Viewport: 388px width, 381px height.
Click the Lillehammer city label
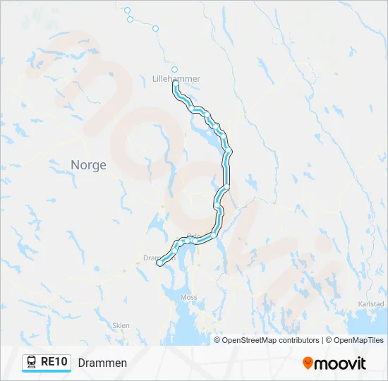176,79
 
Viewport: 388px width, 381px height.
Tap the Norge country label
88,165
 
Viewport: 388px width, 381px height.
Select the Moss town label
188,298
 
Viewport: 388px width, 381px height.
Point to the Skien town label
121,325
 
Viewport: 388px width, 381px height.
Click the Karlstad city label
371,304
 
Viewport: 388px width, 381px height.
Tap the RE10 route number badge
54,362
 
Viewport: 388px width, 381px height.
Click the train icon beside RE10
32,362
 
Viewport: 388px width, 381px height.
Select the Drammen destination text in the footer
102,363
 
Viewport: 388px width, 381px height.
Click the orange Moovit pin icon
308,363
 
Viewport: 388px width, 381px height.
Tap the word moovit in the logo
340,363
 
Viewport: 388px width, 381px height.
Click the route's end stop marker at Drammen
160,263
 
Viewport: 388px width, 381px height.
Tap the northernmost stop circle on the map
127,10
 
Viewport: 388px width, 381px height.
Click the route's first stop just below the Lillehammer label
174,84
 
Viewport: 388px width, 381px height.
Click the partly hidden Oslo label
194,237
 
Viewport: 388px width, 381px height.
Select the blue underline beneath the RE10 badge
47,371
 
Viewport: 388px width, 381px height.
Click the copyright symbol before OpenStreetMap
218,340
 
